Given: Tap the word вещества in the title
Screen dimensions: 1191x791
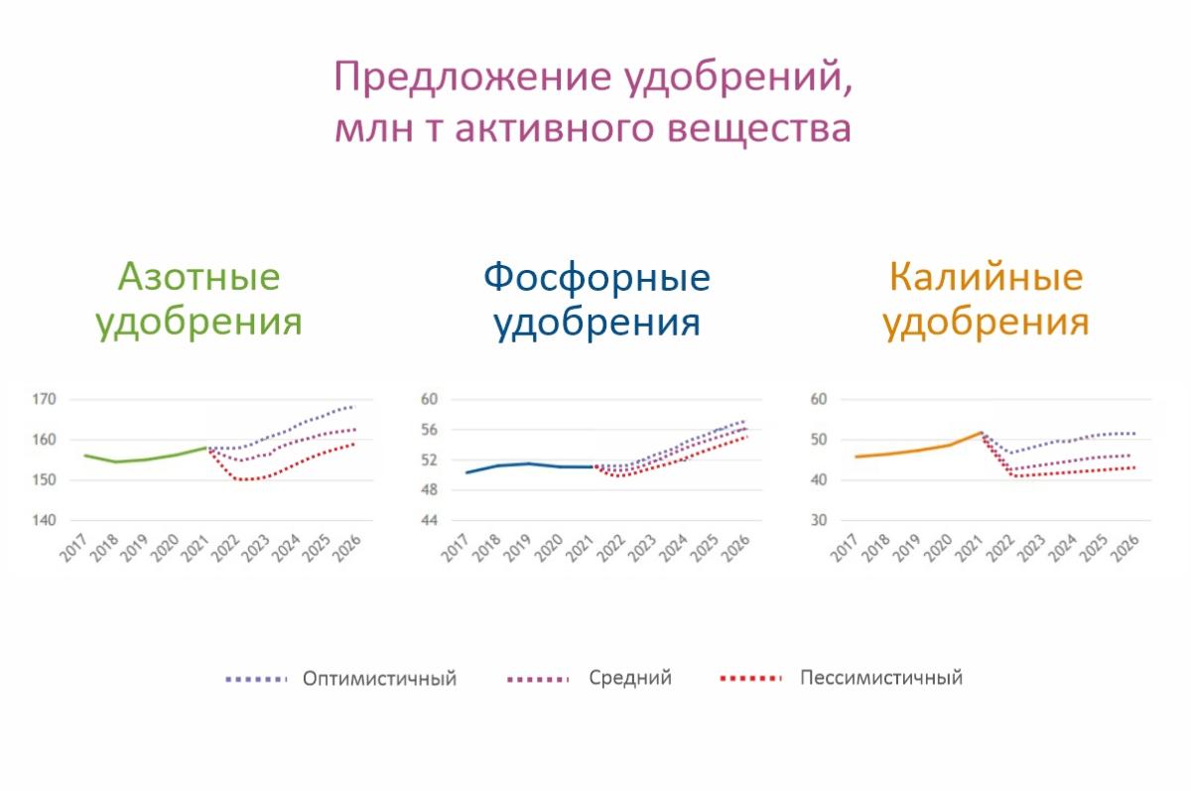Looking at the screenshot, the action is [x=759, y=129].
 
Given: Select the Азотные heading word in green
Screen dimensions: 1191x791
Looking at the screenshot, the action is [x=198, y=277].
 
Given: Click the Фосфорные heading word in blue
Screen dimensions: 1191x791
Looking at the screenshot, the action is [x=596, y=278].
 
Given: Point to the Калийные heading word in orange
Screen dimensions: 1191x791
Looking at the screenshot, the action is [x=987, y=277].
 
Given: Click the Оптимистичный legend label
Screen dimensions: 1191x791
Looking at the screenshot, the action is [x=379, y=679].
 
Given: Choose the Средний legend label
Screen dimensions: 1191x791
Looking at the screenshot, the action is [x=630, y=678].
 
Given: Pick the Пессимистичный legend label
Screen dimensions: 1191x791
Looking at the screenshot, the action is [x=881, y=678].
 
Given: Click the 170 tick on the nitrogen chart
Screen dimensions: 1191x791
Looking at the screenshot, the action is [x=44, y=399].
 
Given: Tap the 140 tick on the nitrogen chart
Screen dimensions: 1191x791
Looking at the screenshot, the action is [x=44, y=520].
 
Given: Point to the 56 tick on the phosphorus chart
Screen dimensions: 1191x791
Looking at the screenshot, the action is [x=429, y=430].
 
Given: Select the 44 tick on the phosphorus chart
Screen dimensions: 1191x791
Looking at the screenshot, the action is [x=429, y=520].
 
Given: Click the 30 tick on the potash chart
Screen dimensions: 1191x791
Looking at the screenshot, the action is [x=819, y=520].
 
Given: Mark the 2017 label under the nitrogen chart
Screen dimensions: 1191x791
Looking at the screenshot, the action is [x=73, y=548].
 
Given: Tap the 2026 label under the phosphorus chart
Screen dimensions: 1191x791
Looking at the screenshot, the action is [x=735, y=548].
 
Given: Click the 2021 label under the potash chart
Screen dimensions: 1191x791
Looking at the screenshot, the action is [x=970, y=548].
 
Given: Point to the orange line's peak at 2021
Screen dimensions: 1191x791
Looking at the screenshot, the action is [x=981, y=432].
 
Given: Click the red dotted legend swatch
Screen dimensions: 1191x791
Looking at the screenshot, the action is [x=750, y=678].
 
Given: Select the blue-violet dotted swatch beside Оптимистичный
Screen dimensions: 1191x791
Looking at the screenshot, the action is [x=256, y=680].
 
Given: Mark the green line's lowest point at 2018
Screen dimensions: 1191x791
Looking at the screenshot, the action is [x=115, y=461].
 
